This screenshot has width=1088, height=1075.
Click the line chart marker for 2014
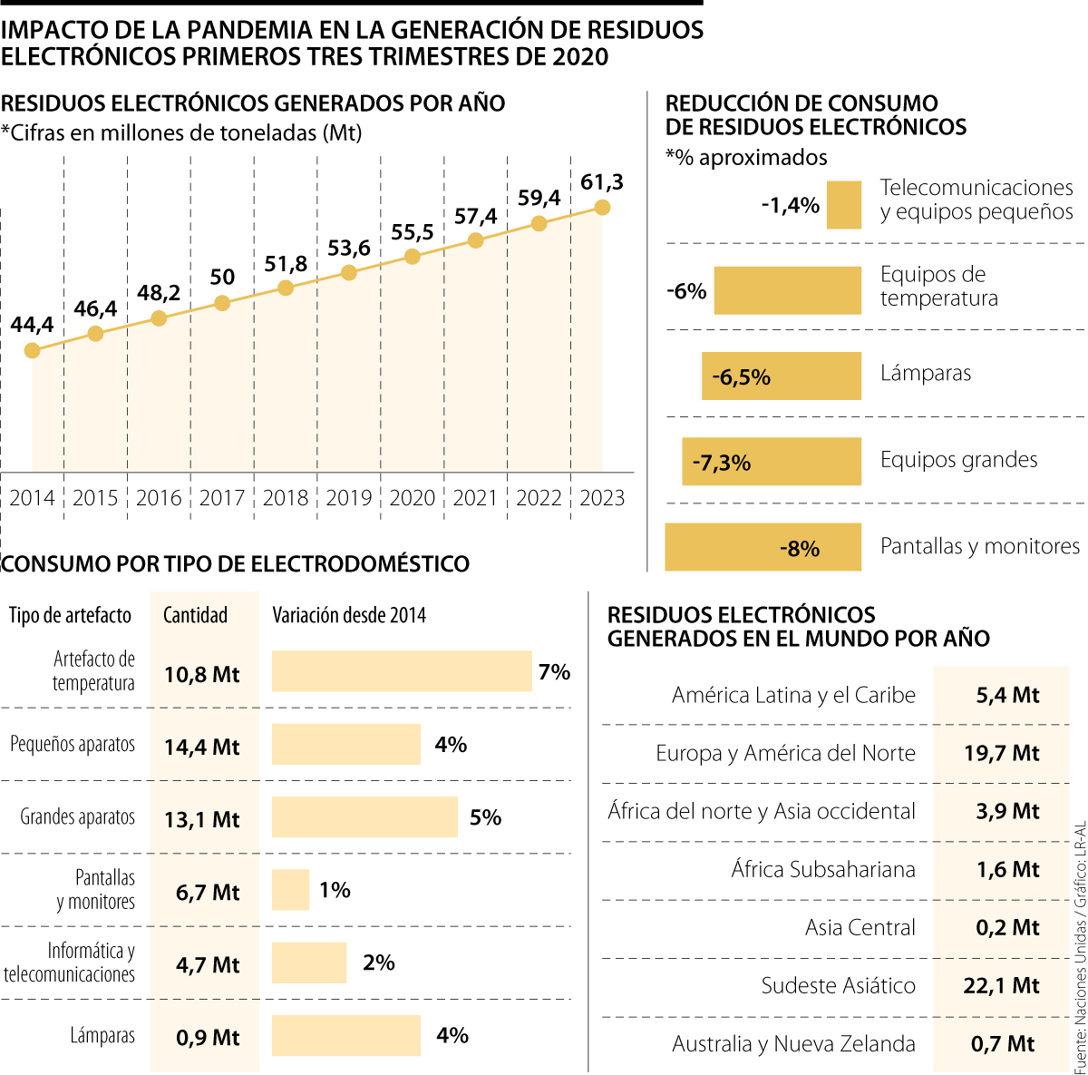[33, 350]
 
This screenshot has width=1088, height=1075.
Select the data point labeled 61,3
[602, 208]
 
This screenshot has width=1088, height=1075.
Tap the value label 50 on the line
[222, 278]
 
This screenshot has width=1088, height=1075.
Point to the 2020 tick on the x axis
[413, 498]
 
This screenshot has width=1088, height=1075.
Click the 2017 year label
[222, 498]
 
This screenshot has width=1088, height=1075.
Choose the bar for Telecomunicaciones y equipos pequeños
[844, 205]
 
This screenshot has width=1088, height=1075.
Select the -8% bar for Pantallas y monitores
[763, 548]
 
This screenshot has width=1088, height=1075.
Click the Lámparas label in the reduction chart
[925, 374]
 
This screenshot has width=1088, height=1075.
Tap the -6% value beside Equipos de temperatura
[686, 291]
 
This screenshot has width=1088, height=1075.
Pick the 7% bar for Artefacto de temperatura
[402, 671]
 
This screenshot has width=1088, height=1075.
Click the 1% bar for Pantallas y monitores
[290, 890]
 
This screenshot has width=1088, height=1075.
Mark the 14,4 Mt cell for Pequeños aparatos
[202, 748]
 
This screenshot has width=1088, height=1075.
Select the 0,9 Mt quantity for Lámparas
[208, 1038]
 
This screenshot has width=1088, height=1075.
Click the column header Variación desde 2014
[349, 615]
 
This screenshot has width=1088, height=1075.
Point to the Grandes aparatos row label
[78, 817]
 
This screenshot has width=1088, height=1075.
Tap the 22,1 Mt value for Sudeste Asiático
[1001, 985]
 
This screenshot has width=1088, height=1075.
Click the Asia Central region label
[860, 928]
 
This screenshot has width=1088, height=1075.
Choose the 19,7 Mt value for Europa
[1001, 753]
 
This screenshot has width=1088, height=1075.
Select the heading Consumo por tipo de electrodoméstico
[236, 564]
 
